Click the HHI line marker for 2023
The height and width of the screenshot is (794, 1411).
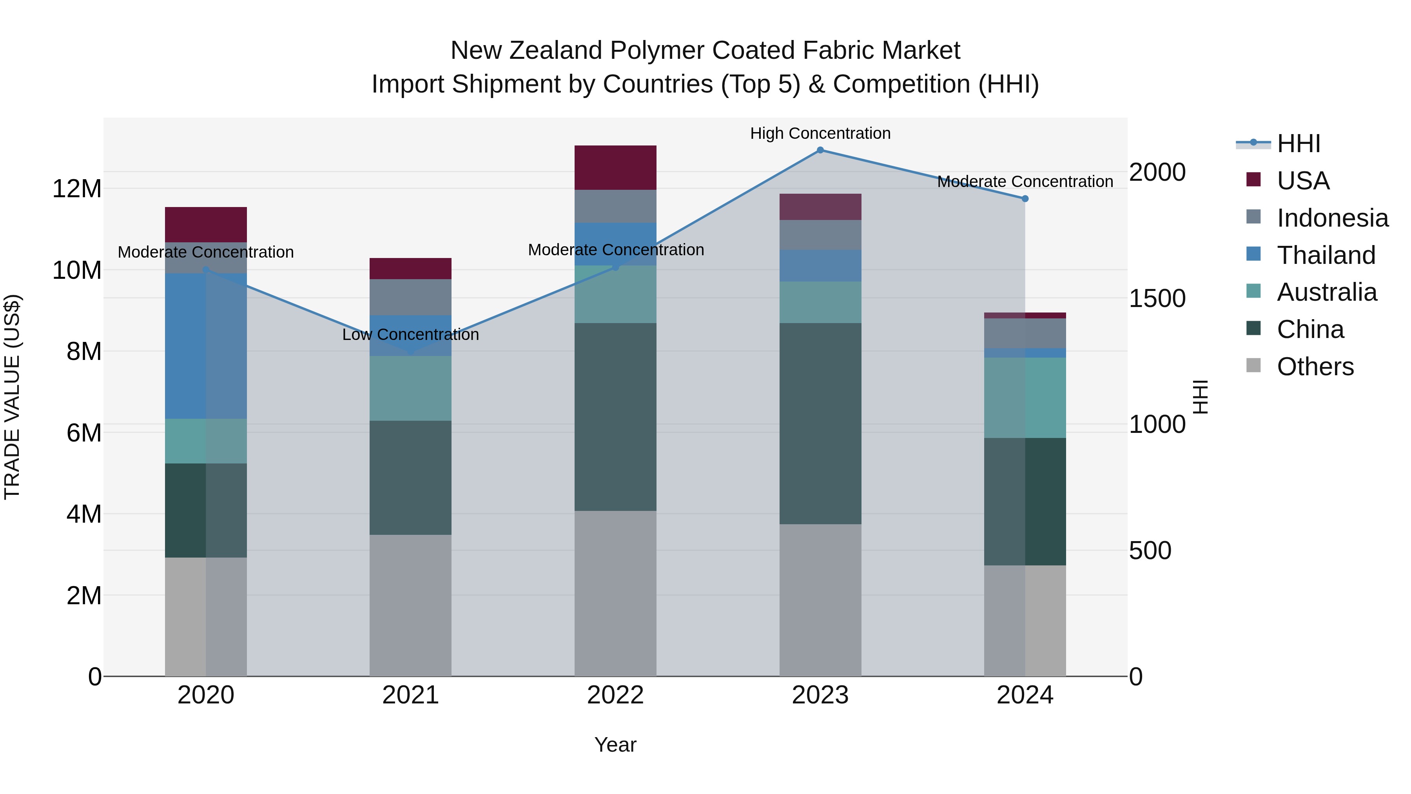[820, 150]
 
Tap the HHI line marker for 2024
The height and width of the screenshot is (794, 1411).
[1025, 199]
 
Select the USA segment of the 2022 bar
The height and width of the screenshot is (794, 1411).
[615, 168]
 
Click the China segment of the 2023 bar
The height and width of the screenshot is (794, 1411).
[820, 423]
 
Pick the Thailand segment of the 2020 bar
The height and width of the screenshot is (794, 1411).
[205, 346]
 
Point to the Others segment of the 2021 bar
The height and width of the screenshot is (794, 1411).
[410, 605]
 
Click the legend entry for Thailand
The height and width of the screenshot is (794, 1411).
[1326, 255]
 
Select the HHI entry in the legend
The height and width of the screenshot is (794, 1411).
[1298, 144]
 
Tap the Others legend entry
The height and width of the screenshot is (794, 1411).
[1315, 367]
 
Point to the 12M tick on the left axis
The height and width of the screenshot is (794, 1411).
[77, 189]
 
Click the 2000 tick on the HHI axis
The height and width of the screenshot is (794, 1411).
[1157, 172]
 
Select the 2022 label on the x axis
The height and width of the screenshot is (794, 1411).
[615, 695]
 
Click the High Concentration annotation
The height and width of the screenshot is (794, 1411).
[820, 133]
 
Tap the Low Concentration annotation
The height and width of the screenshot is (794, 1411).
[410, 334]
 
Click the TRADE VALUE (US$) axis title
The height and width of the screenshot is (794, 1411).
[12, 397]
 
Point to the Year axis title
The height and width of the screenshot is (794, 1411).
[615, 745]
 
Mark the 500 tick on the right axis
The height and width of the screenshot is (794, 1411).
[1150, 551]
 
